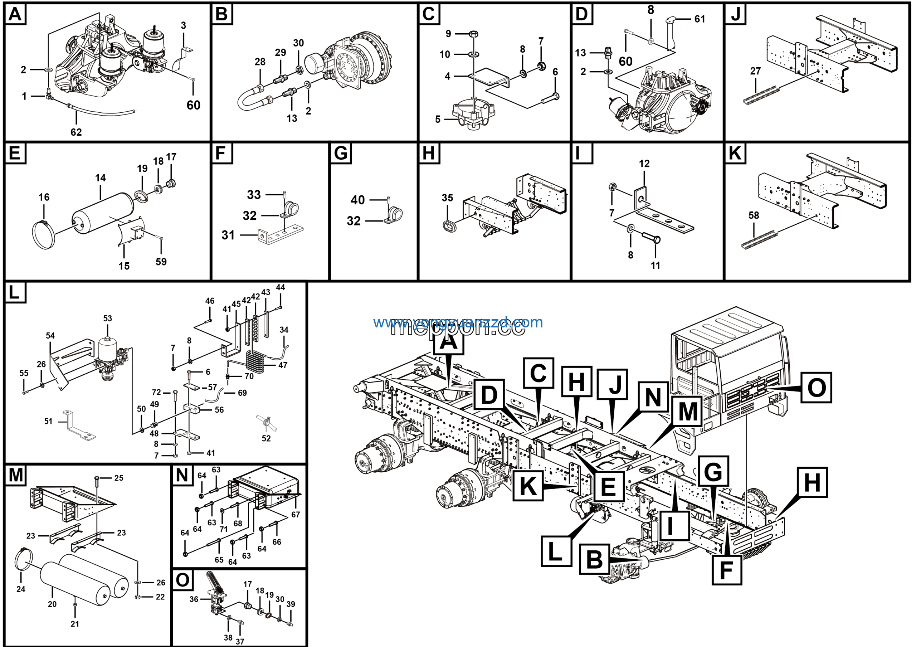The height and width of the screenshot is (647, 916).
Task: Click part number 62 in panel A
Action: point(76,132)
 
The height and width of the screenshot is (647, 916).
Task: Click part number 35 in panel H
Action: point(447,198)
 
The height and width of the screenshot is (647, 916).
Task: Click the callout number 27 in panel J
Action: point(755,71)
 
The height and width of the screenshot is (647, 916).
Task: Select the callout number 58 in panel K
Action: point(753,215)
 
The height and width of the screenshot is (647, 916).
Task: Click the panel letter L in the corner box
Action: point(14,292)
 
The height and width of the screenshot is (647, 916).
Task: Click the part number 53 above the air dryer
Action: point(108,318)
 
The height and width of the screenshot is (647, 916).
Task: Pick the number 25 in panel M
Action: point(118,478)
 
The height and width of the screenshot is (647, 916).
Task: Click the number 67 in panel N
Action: point(295,515)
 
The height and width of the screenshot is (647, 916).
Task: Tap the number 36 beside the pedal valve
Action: point(194,599)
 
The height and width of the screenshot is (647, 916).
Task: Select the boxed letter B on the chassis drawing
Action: point(594,559)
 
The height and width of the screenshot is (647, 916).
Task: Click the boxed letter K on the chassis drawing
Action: point(528,486)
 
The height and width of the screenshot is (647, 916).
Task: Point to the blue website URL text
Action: point(458,322)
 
